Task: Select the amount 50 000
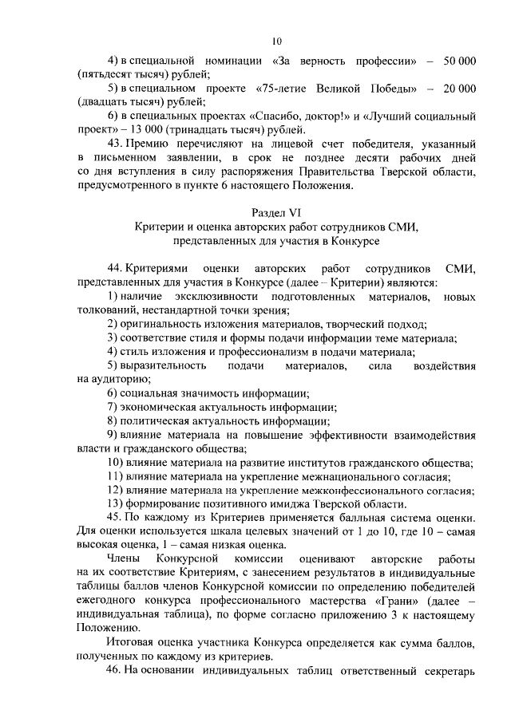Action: [455, 62]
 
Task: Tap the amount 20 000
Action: [455, 88]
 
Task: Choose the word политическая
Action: [159, 420]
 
